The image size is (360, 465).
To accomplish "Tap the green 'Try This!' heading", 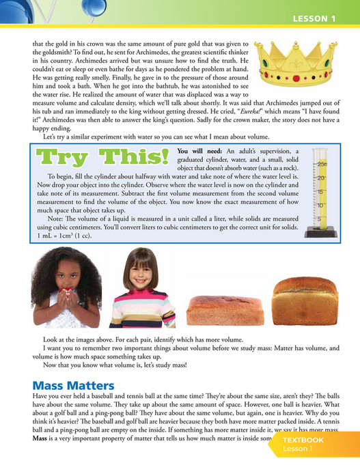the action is pos(102,158).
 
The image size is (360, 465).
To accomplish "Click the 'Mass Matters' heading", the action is pos(73,386).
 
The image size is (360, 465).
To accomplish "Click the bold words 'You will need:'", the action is pos(200,150).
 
